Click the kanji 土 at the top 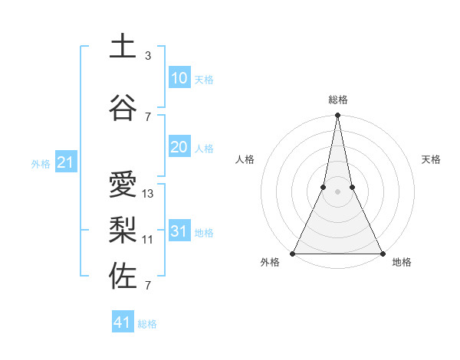pyautogui.click(x=123, y=47)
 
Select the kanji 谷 pyautogui.click(x=123, y=107)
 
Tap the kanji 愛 pyautogui.click(x=123, y=185)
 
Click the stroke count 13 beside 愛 pyautogui.click(x=148, y=194)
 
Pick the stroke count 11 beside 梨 pyautogui.click(x=148, y=240)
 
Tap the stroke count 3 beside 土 pyautogui.click(x=148, y=56)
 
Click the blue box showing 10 pyautogui.click(x=179, y=78)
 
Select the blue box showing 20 pyautogui.click(x=179, y=147)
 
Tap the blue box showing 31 pyautogui.click(x=179, y=231)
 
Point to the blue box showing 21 pyautogui.click(x=65, y=162)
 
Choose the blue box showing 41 pyautogui.click(x=123, y=322)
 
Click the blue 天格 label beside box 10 pyautogui.click(x=204, y=80)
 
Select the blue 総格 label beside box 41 pyautogui.click(x=147, y=324)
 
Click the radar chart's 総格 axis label pyautogui.click(x=337, y=100)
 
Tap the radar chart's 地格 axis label pyautogui.click(x=402, y=263)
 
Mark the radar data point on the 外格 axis pyautogui.click(x=293, y=253)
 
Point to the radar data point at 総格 pyautogui.click(x=337, y=116)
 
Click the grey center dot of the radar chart pyautogui.click(x=337, y=192)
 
